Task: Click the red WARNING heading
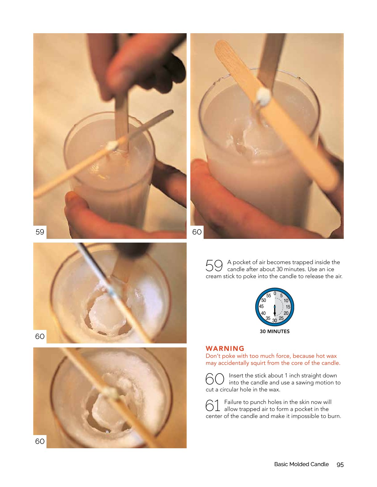pos(225,348)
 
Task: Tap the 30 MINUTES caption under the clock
pos(275,331)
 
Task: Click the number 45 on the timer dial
pos(261,306)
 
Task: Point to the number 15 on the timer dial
pos(288,307)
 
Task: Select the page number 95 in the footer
pos(340,465)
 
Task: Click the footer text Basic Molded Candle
pos(301,464)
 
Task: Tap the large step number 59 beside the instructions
pos(214,266)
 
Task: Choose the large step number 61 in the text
pos(213,406)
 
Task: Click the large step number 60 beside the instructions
pos(215,379)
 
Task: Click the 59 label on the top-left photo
pos(40,232)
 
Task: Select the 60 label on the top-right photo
pos(197,232)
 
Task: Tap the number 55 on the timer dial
pos(268,295)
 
